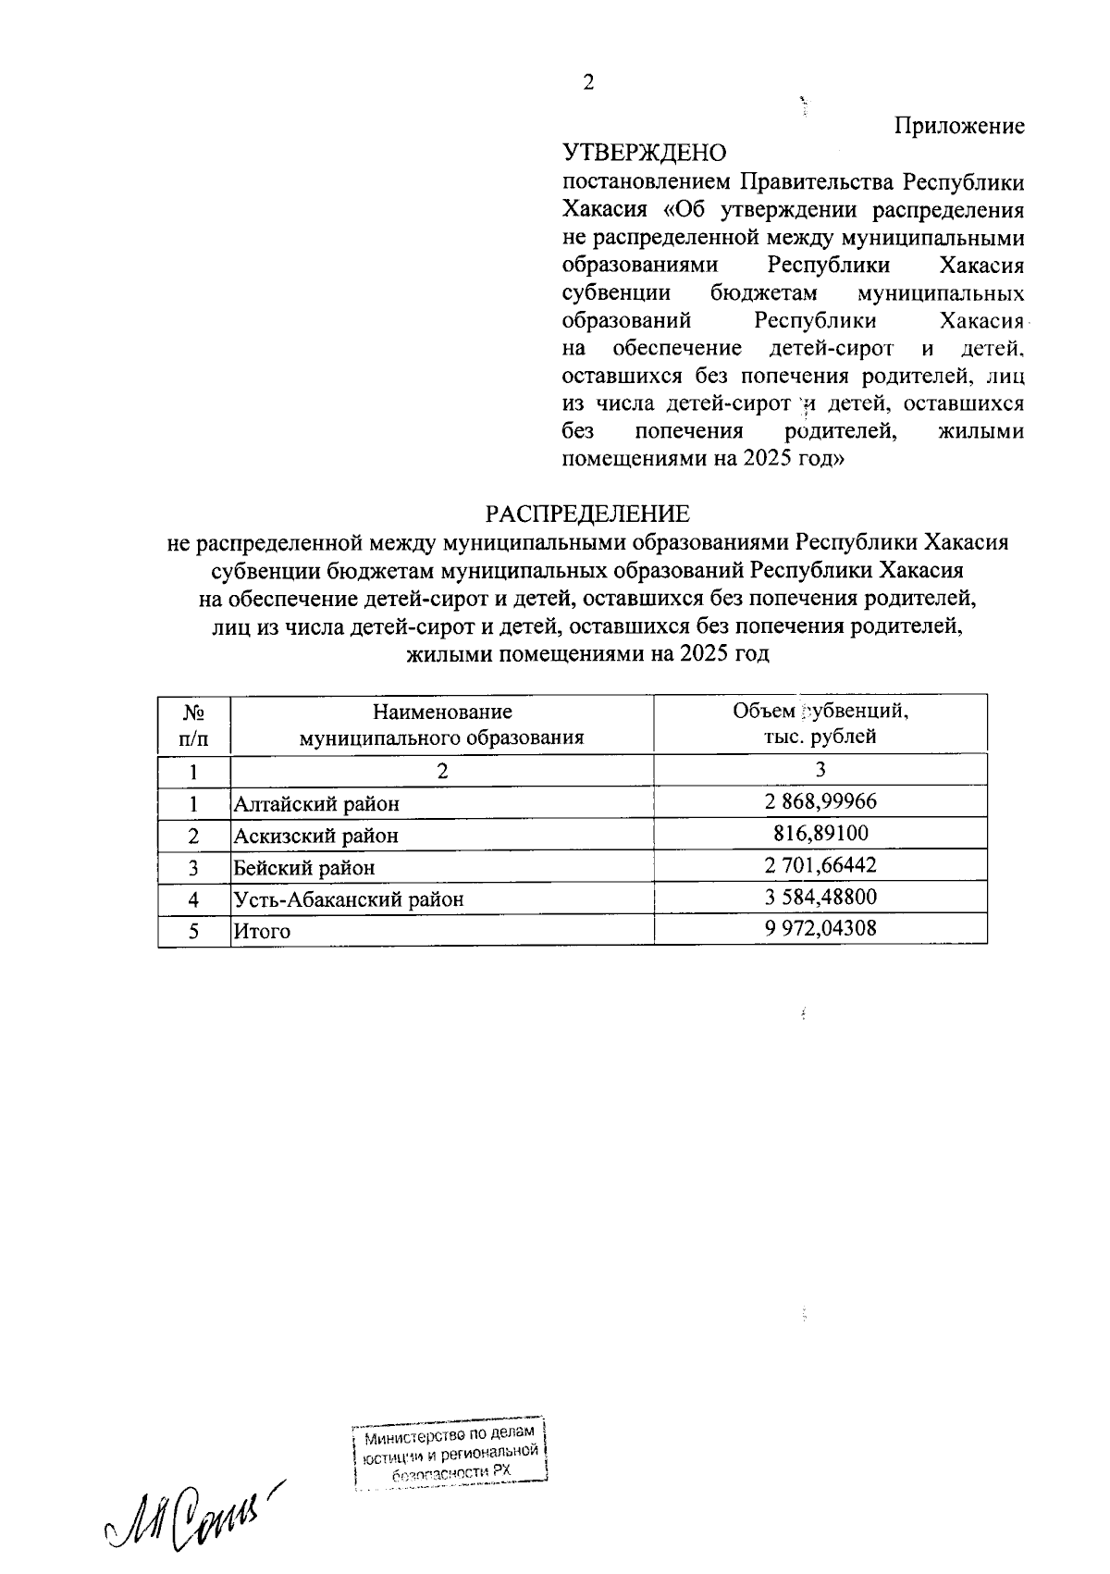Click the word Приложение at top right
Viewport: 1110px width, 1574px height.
pos(959,126)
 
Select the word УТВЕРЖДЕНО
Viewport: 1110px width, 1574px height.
pos(645,153)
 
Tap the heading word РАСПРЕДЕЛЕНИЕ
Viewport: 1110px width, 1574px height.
pos(589,514)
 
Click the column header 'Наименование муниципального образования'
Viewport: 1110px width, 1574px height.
pos(441,725)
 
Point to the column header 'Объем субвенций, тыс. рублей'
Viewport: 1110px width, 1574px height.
pos(820,724)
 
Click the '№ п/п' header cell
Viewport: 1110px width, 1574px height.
pos(193,725)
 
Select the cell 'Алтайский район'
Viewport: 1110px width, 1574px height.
pos(316,804)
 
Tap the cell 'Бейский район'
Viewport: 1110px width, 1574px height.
pos(304,868)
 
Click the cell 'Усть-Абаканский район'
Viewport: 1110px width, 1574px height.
pos(348,899)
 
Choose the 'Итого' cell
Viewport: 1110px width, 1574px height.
pos(262,932)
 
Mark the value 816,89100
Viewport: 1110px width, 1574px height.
pos(820,833)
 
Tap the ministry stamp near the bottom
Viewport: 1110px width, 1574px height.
pos(450,1455)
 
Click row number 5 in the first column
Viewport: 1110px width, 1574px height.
pos(193,931)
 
